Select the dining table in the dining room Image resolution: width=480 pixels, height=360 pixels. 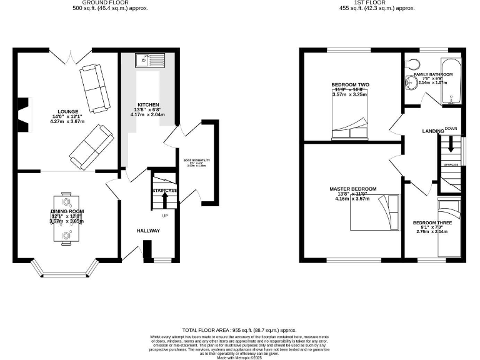click(x=66, y=216)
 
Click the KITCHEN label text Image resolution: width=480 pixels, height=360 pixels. click(x=148, y=104)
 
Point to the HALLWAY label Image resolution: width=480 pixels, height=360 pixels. click(x=148, y=231)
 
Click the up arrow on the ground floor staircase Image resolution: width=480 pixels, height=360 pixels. click(x=165, y=199)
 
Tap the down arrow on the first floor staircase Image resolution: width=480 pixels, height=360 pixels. click(x=450, y=148)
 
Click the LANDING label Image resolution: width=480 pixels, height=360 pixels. click(x=432, y=131)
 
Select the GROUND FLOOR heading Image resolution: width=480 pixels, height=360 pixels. click(x=111, y=2)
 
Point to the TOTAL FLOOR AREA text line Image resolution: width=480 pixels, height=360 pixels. click(x=239, y=330)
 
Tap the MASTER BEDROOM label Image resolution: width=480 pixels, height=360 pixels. click(x=353, y=189)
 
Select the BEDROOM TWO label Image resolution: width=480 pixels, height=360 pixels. click(x=350, y=84)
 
